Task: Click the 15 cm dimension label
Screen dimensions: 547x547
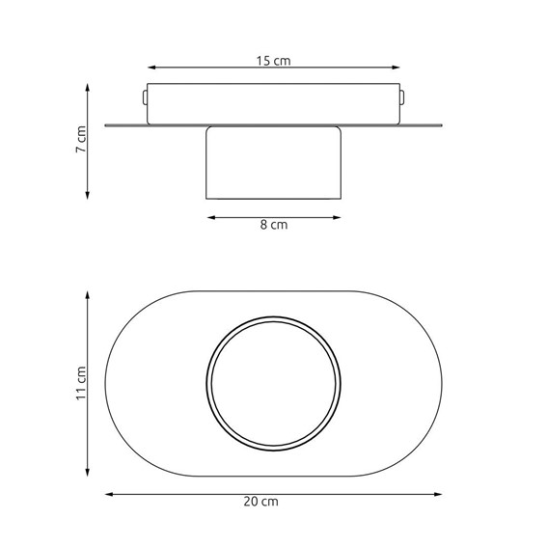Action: [x=274, y=60]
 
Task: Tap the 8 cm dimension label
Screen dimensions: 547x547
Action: [x=274, y=225]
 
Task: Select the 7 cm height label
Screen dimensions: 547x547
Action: [x=82, y=141]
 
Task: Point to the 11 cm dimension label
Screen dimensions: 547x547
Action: [x=82, y=382]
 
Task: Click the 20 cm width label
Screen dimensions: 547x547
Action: [x=274, y=501]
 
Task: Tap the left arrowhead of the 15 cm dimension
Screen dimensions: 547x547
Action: [x=150, y=68]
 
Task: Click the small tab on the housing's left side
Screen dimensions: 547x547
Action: [x=145, y=97]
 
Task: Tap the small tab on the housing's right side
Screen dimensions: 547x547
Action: [x=402, y=97]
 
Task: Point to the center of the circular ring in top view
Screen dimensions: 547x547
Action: [x=274, y=383]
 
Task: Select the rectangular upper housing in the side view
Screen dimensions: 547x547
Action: [x=274, y=104]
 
